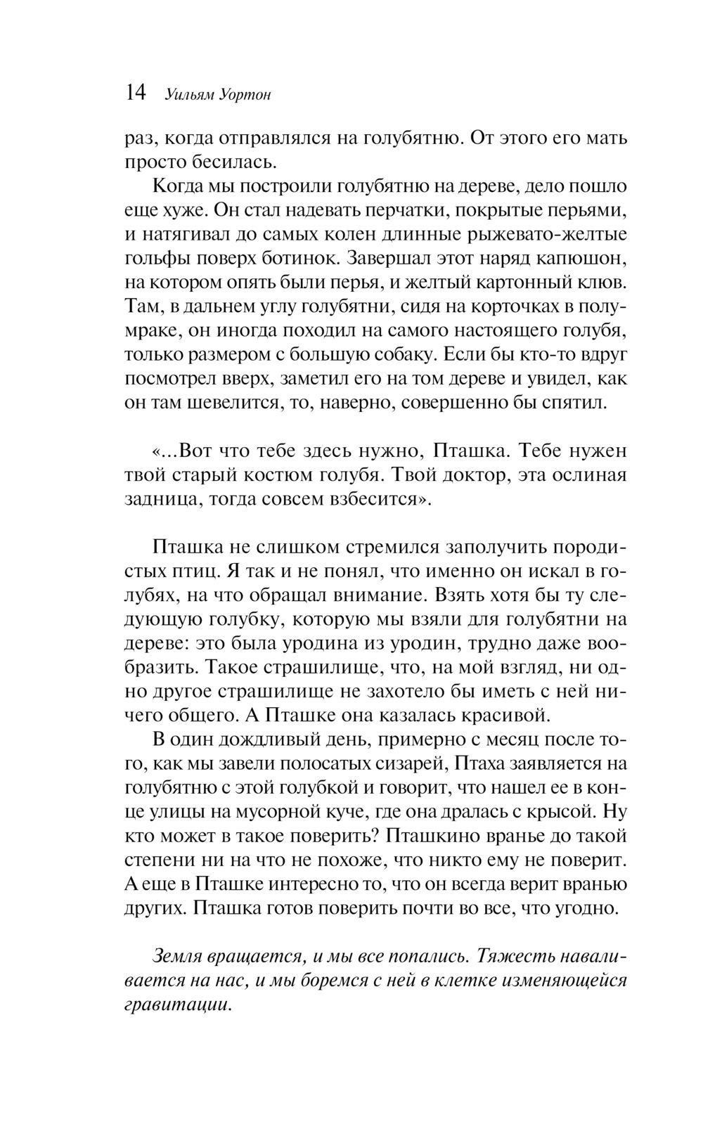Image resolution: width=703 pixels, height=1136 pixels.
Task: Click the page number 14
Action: (135, 93)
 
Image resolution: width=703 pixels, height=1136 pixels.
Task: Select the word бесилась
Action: (233, 163)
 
